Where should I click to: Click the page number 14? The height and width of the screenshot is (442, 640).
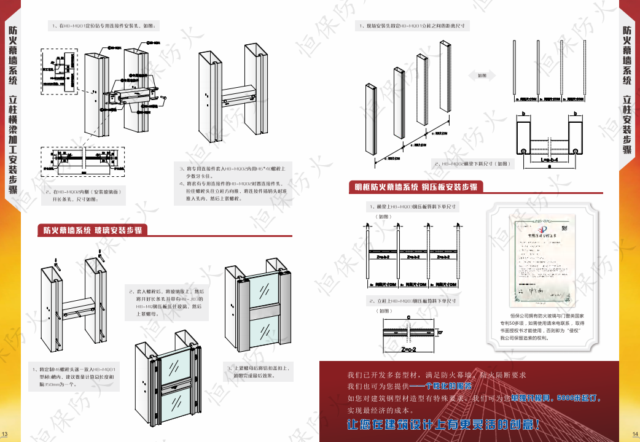636,435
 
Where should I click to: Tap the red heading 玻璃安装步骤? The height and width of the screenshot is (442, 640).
92,231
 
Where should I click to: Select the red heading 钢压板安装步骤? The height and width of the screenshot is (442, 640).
416,187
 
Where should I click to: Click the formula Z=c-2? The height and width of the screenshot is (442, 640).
409,349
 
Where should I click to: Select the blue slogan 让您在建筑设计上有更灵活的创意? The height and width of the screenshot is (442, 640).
443,424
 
